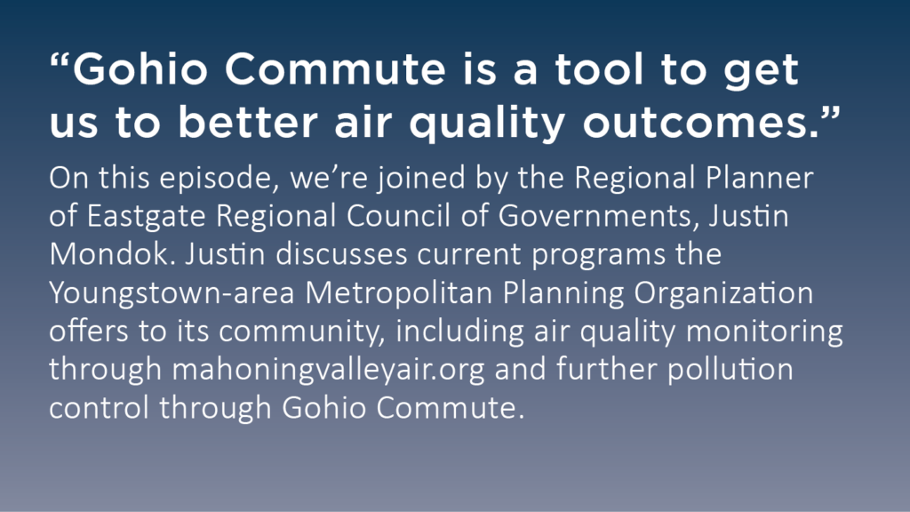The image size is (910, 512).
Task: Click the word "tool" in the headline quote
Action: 600,69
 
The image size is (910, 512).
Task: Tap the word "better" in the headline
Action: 248,123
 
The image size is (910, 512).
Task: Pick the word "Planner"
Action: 759,177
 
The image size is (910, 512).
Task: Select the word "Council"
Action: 398,215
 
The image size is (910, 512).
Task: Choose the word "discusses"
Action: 341,254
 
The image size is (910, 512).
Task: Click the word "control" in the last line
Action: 100,407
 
